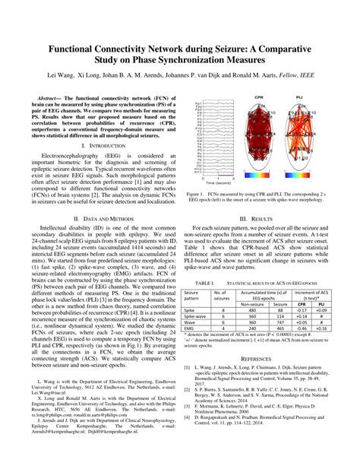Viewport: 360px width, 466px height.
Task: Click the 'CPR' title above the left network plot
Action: (259, 98)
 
